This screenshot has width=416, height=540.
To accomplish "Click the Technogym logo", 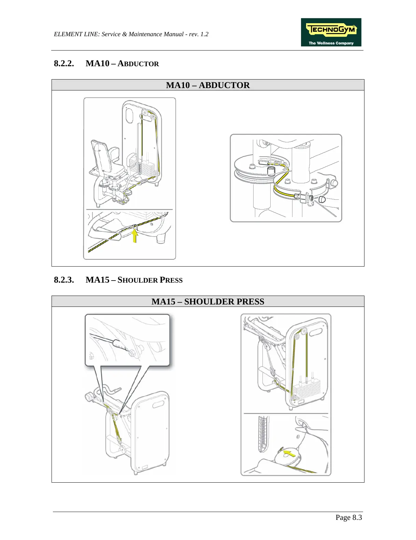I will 331,32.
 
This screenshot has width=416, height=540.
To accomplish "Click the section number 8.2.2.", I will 64,63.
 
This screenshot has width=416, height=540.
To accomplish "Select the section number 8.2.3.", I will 64,280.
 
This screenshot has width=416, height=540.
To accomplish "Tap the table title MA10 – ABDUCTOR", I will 207,85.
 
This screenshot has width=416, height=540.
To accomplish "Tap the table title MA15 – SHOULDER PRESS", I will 207,301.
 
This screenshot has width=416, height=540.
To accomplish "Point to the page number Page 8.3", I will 348,517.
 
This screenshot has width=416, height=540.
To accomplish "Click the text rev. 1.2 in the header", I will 200,34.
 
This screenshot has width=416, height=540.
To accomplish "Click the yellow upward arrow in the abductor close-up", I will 135,235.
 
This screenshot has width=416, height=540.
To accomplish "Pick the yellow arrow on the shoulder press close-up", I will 289,454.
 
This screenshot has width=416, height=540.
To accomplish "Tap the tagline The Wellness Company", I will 331,43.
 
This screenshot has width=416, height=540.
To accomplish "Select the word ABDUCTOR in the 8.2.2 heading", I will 138,64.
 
